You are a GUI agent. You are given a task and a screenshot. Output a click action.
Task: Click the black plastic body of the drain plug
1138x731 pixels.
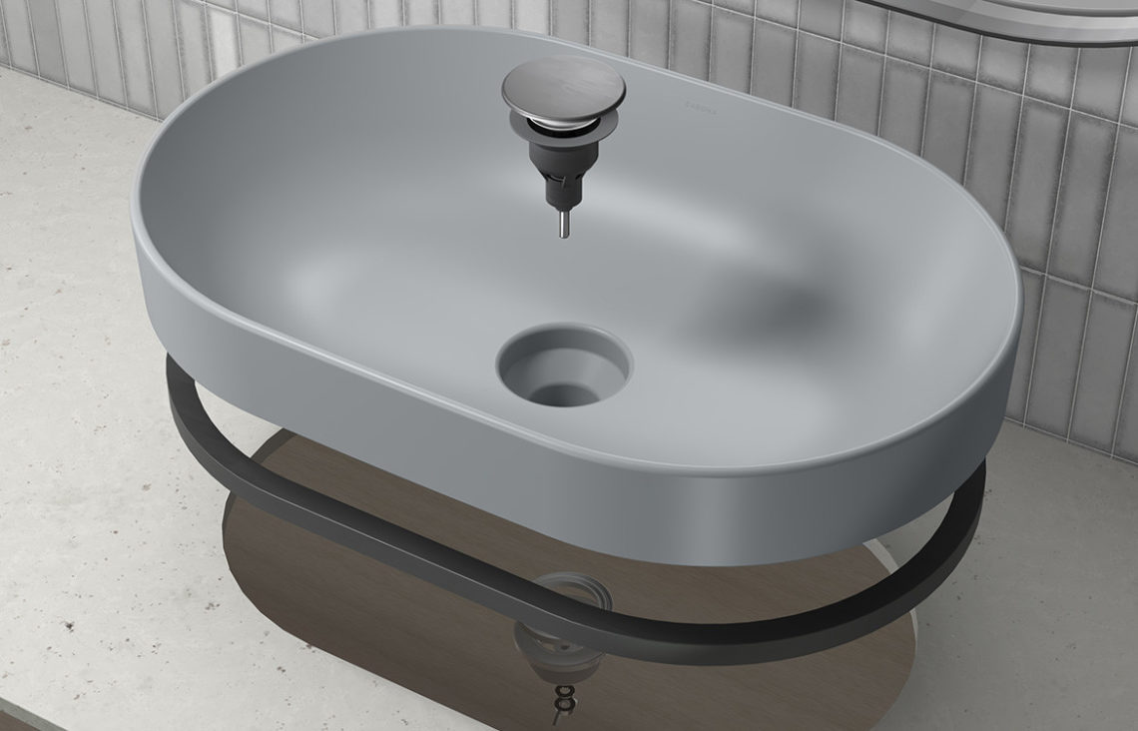pyautogui.click(x=559, y=170)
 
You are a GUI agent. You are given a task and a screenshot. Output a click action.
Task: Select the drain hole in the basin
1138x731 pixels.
pyautogui.click(x=564, y=365)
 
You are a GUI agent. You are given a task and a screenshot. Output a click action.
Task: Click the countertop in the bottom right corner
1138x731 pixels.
pyautogui.click(x=1048, y=639)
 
